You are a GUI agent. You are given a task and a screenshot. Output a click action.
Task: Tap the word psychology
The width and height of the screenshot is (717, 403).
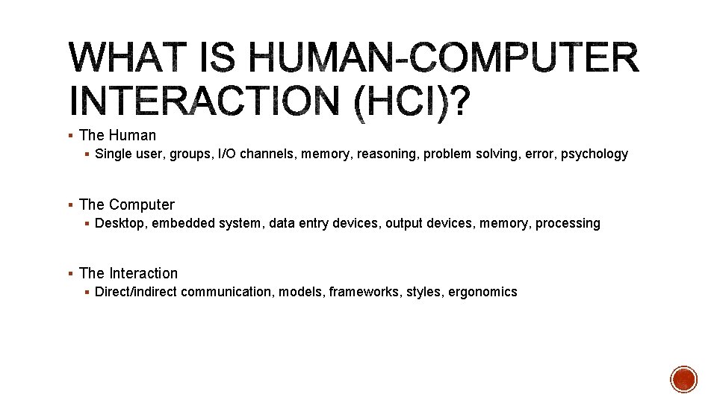(x=595, y=154)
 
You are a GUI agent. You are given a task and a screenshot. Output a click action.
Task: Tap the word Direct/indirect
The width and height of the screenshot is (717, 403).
(x=136, y=292)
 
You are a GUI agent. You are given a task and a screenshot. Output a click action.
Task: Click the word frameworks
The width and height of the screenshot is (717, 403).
(x=367, y=292)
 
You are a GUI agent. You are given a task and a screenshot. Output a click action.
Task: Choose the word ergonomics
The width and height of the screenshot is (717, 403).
(x=482, y=293)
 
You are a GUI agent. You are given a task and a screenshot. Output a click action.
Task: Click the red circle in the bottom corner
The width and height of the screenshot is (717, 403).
(x=683, y=379)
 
